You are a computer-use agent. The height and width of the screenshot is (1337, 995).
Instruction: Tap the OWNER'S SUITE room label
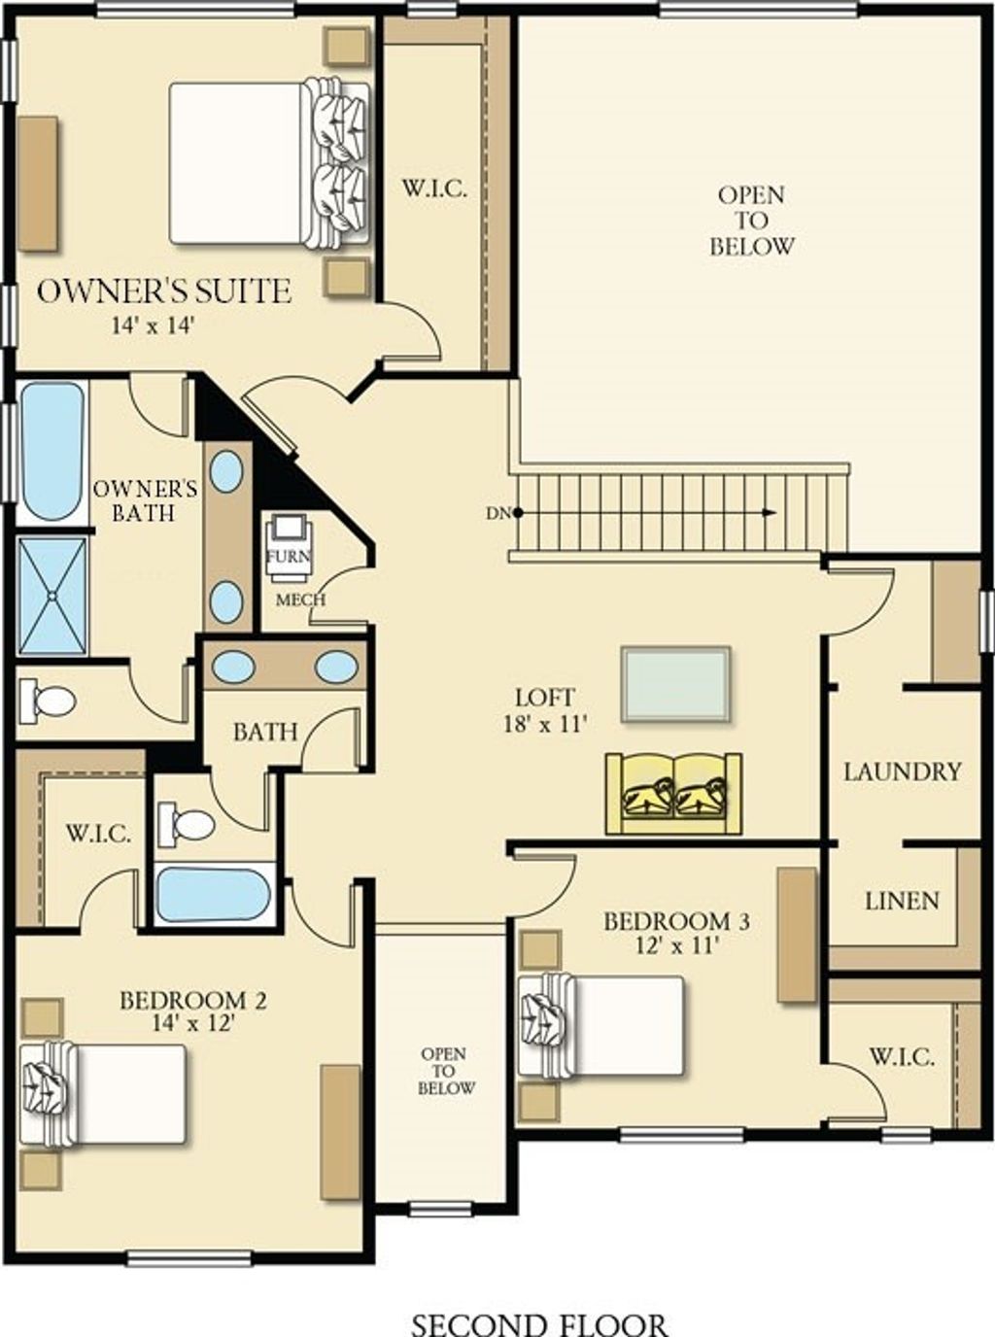(164, 291)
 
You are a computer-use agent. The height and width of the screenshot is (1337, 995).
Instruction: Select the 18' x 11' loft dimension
(545, 723)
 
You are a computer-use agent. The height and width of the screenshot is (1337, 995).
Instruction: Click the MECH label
(300, 600)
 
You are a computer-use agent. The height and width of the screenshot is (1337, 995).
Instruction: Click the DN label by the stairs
(497, 512)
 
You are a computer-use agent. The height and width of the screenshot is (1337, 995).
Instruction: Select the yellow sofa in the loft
(673, 793)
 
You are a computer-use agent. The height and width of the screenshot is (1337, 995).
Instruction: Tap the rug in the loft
(675, 684)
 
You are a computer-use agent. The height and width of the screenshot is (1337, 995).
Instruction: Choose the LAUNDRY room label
(902, 771)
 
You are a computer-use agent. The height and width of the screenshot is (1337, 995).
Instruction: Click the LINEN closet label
(902, 901)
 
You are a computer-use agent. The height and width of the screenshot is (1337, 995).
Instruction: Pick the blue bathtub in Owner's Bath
(51, 451)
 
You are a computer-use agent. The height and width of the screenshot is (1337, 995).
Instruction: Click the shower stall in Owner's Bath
(52, 595)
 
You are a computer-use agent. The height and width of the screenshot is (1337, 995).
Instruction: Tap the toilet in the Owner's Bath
(49, 701)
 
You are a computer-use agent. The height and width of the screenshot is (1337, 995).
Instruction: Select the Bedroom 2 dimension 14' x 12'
(193, 1022)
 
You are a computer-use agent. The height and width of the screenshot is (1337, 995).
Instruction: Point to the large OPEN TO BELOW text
(751, 221)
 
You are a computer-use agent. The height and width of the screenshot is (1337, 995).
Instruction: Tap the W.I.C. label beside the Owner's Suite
(434, 189)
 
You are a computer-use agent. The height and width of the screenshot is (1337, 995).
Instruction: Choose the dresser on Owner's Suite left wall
(38, 184)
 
